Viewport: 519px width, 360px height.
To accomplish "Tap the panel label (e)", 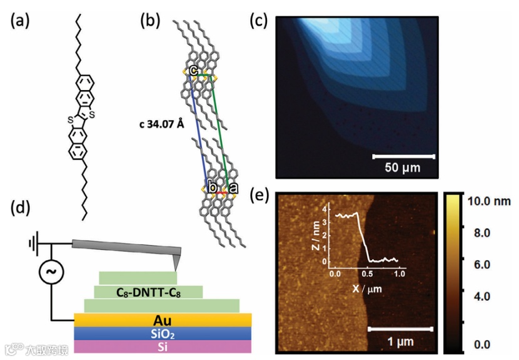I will (258, 196).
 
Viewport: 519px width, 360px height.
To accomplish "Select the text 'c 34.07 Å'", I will (161, 124).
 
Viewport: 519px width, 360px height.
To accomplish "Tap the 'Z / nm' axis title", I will (318, 237).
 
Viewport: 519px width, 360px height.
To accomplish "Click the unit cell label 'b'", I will (213, 188).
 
